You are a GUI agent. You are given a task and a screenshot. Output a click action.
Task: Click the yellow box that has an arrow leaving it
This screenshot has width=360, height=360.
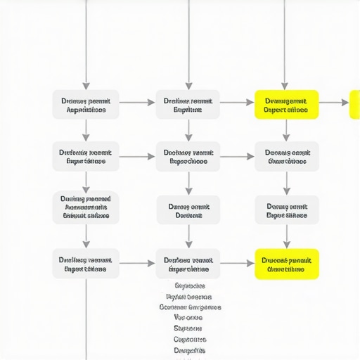[286, 104]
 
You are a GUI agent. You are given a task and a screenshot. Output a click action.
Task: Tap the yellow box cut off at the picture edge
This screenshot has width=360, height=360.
[355, 104]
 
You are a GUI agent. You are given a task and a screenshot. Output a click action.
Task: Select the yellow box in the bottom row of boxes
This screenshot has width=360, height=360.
[286, 264]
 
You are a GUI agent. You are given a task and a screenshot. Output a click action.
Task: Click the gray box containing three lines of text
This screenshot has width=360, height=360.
[86, 207]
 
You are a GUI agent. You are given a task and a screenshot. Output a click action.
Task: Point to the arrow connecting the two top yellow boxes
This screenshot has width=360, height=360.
[334, 103]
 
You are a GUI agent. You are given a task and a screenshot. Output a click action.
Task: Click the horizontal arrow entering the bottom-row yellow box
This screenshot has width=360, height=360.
[237, 264]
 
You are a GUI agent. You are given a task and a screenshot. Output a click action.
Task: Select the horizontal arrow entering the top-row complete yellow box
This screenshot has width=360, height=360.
[237, 103]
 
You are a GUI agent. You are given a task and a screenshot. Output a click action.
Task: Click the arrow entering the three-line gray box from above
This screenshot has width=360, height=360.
[86, 181]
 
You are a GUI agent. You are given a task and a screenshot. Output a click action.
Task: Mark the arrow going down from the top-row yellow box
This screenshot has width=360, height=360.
[286, 130]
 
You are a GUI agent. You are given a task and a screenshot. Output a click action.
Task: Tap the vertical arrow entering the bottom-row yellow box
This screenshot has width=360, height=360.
[286, 237]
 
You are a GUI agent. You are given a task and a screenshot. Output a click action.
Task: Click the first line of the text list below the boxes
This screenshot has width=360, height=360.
[189, 286]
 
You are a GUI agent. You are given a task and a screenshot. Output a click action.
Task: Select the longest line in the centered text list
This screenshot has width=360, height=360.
[190, 307]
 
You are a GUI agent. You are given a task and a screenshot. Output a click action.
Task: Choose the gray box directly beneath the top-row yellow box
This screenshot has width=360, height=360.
[286, 156]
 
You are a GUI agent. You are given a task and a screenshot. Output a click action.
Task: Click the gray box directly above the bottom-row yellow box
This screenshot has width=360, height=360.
[286, 210]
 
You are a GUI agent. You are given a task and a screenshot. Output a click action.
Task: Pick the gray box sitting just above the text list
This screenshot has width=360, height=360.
[188, 264]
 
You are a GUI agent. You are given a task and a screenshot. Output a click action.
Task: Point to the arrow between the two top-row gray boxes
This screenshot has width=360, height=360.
[137, 103]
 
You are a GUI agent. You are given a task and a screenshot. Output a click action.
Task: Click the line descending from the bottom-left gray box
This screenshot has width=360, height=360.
[86, 316]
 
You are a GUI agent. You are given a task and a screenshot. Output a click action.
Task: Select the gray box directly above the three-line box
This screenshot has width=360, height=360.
[86, 156]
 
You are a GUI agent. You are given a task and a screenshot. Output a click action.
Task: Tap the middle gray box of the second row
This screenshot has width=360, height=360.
[188, 156]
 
